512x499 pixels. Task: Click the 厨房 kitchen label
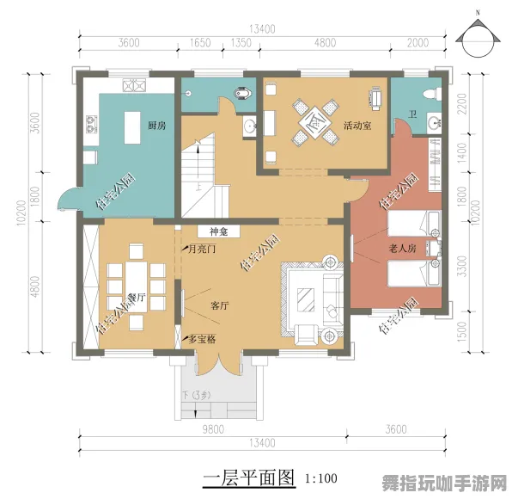coord(155,126)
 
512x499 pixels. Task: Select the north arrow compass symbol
coord(478,37)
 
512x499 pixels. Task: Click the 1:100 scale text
coord(320,477)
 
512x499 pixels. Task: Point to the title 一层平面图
coord(248,477)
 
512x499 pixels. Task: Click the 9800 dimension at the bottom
coord(214,429)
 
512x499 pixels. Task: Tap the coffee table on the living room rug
coord(307,299)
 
